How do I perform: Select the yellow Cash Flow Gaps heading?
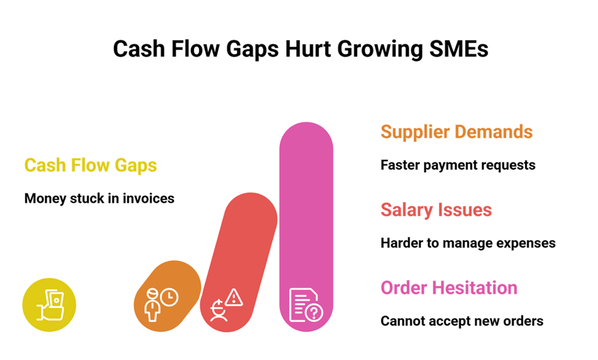90,166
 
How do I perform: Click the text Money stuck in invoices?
99,198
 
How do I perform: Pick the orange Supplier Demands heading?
457,132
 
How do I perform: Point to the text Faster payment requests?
458,165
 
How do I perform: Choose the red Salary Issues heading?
436,210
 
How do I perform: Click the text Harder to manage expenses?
468,243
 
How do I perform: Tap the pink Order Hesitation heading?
449,287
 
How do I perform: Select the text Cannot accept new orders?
462,320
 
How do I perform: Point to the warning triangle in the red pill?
234,296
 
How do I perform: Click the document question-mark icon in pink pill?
306,305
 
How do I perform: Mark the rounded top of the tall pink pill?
306,137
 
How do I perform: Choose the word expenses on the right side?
528,243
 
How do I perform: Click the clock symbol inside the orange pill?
169,296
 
